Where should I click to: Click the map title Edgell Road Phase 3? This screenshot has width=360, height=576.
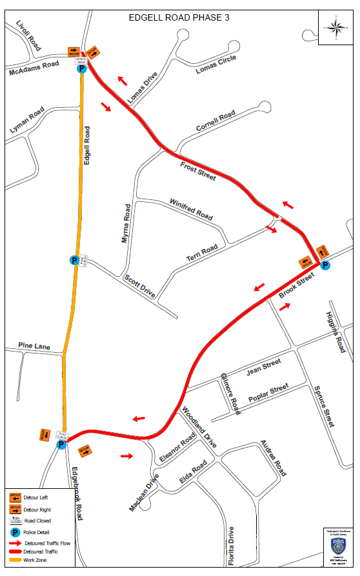(x=179, y=17)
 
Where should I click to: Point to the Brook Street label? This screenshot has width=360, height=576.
(x=297, y=286)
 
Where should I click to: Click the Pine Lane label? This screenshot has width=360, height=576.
(x=34, y=347)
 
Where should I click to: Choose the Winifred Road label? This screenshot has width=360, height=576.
(x=191, y=209)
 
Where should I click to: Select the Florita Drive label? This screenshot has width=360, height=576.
(x=231, y=546)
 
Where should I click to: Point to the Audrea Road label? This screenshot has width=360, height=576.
(x=273, y=459)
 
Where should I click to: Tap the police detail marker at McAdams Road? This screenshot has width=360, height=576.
(x=81, y=69)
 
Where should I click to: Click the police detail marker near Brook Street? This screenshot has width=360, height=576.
(x=325, y=265)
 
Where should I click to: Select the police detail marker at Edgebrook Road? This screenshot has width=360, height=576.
(x=61, y=445)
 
